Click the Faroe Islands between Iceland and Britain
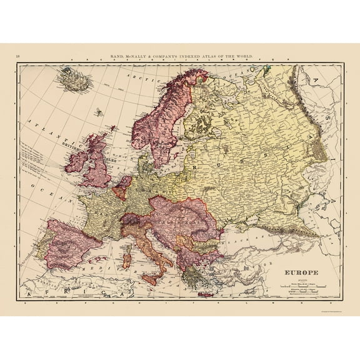click(x=99, y=114)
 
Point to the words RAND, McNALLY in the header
click(x=127, y=57)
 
